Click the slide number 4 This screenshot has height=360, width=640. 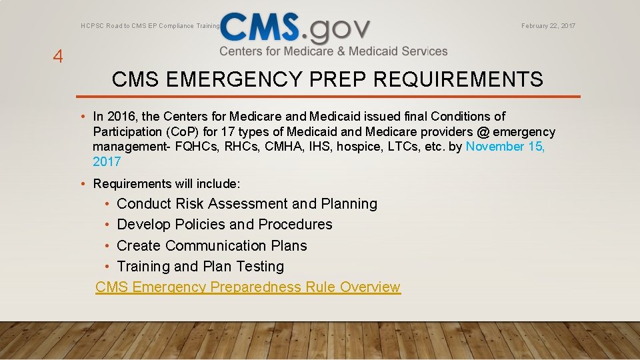(58, 57)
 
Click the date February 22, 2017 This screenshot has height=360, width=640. (548, 26)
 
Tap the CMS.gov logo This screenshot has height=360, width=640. (295, 28)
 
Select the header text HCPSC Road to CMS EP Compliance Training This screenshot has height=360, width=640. (150, 26)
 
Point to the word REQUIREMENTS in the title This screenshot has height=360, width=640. (459, 80)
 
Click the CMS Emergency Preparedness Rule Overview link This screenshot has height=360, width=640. (248, 287)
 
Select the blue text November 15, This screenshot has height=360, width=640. (505, 147)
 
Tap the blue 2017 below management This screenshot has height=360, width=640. (107, 161)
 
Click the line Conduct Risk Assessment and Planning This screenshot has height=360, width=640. (247, 204)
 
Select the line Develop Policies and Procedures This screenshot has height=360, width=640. (224, 225)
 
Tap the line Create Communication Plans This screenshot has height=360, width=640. (212, 246)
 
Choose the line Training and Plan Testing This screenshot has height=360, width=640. (200, 267)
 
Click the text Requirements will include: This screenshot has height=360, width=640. (167, 183)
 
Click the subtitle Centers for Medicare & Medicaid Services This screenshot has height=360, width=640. (333, 51)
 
